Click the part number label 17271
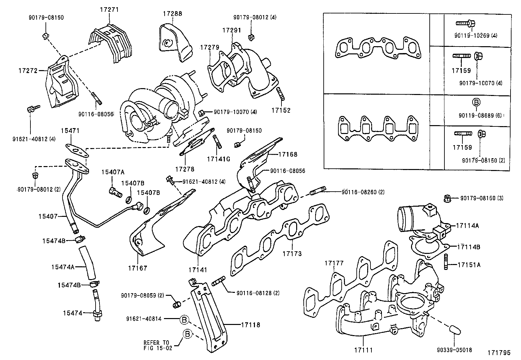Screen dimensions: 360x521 [x=109, y=9]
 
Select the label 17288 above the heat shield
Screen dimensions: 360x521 [x=172, y=14]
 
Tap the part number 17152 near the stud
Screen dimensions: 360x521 [x=281, y=110]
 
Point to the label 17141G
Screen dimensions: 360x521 [x=218, y=159]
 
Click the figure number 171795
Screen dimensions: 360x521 [x=499, y=353]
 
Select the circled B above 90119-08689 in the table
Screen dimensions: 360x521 [x=476, y=102]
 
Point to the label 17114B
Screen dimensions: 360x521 [x=469, y=247]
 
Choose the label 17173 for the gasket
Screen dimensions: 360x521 [x=292, y=254]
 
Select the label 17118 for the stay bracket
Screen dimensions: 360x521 [x=250, y=325]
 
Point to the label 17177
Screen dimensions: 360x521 [x=334, y=263]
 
